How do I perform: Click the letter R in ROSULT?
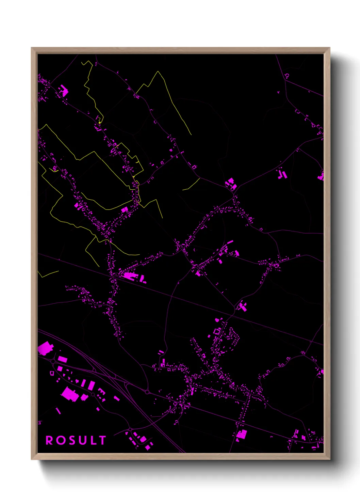click(x=49, y=440)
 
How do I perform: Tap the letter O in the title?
click(x=61, y=440)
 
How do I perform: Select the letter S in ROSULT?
click(x=72, y=440)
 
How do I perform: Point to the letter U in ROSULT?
click(x=83, y=440)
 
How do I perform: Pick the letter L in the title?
click(x=93, y=440)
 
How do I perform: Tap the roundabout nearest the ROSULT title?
click(x=130, y=430)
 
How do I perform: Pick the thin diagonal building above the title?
click(x=58, y=411)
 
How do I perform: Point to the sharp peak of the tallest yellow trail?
click(x=158, y=72)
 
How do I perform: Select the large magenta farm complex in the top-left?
click(x=63, y=91)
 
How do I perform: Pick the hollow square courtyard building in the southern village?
click(x=217, y=331)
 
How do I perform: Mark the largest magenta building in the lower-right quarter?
click(x=242, y=434)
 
